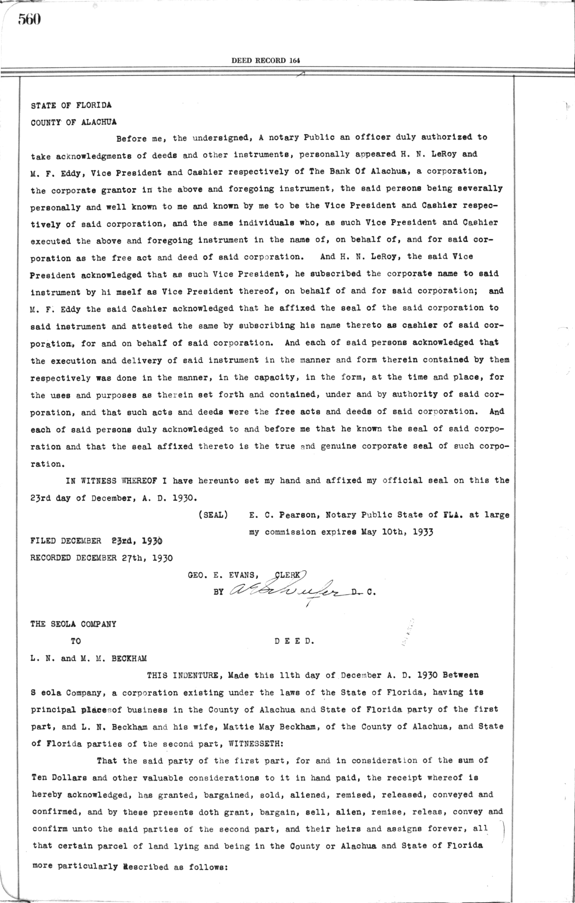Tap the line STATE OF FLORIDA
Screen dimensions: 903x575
[x=71, y=105]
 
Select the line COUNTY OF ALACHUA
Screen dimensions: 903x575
[x=73, y=122]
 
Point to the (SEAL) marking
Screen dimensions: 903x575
[x=212, y=515]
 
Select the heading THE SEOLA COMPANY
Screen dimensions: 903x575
[x=73, y=624]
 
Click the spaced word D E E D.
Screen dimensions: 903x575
[x=295, y=641]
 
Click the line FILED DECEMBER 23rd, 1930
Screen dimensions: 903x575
[x=96, y=541]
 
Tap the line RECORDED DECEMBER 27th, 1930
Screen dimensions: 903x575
[x=102, y=558]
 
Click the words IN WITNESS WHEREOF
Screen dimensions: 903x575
[x=117, y=481]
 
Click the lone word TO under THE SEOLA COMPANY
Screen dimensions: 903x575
[x=75, y=641]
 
